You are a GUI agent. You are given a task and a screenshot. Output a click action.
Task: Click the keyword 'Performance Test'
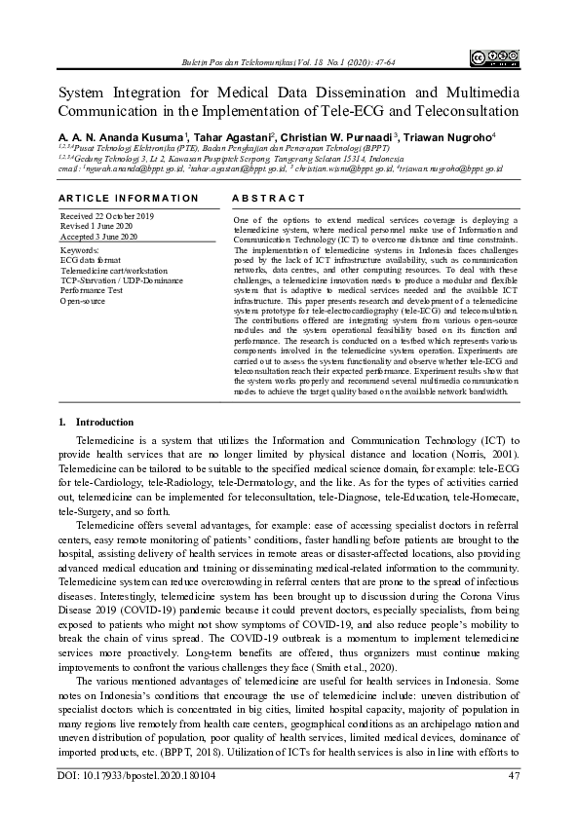click(92, 290)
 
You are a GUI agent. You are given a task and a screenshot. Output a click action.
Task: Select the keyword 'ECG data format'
click(92, 260)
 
